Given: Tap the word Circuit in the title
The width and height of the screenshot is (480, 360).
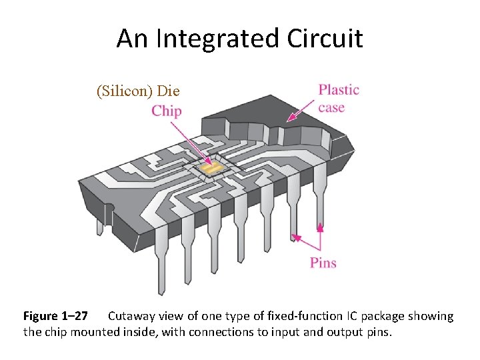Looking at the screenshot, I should coord(325,39).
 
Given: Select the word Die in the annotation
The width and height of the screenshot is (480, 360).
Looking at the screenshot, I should coord(169,90).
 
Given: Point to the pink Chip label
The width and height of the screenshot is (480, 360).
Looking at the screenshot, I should coord(166,111).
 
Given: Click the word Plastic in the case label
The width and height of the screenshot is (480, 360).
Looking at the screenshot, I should coord(339,90).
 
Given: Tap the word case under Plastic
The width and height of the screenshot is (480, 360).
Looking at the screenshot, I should coord(332,107).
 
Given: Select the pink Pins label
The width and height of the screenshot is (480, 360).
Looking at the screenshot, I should coord(323,263).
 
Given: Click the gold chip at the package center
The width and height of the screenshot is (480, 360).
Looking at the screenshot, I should coord(211,169).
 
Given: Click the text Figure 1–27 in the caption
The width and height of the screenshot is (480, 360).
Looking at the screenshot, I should coord(55,316).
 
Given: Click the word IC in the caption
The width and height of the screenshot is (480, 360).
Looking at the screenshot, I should coord(353,316).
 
